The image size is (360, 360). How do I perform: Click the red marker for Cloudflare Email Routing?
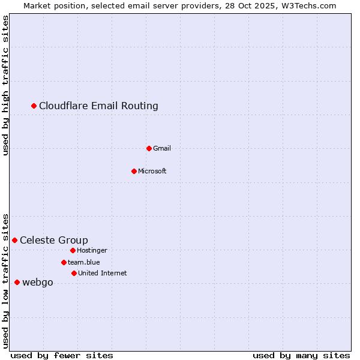click(x=34, y=106)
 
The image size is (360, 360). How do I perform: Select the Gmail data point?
click(x=149, y=148)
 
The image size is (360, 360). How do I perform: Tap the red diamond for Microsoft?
click(x=134, y=171)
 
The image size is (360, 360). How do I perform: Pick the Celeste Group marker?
click(x=15, y=240)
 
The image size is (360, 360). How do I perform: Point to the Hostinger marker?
click(x=73, y=250)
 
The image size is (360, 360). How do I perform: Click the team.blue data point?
click(x=64, y=262)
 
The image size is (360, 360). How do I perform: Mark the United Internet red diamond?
click(x=74, y=273)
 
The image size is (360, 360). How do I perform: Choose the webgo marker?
click(x=17, y=282)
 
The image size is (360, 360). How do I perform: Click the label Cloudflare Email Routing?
click(x=98, y=106)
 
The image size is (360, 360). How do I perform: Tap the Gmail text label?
click(x=162, y=148)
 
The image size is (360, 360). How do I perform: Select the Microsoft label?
click(x=152, y=171)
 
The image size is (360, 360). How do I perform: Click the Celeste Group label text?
click(x=54, y=241)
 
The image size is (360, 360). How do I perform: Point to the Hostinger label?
click(x=92, y=250)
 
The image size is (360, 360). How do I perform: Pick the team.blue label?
click(x=84, y=262)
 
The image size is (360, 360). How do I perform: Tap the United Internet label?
click(x=103, y=273)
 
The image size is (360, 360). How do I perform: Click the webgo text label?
click(x=38, y=283)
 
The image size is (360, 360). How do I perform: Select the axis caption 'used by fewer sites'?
click(x=62, y=355)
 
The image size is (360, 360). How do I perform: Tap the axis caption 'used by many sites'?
click(x=301, y=355)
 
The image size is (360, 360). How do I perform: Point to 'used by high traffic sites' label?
click(x=6, y=85)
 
